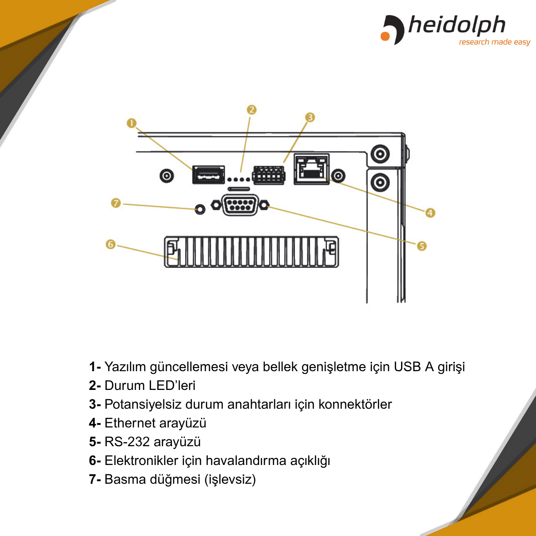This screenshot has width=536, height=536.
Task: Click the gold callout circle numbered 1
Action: [132, 123]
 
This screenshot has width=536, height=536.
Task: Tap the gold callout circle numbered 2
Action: [251, 109]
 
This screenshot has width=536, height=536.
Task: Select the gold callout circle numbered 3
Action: [310, 117]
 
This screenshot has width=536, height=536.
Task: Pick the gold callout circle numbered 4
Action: [430, 213]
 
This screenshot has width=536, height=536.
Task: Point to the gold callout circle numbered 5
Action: [422, 246]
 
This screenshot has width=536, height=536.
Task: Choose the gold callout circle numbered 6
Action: [111, 244]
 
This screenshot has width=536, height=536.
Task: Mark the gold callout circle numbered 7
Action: [116, 203]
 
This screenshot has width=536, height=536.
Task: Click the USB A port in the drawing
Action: [208, 175]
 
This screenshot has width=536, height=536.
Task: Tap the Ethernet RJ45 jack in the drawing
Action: [311, 169]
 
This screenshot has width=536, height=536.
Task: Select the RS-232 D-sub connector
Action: [240, 205]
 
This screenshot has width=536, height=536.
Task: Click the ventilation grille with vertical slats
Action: [251, 252]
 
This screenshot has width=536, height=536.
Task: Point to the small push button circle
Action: [200, 209]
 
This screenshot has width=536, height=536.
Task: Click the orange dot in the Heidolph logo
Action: [385, 36]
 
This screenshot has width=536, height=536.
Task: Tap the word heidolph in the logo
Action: [457, 25]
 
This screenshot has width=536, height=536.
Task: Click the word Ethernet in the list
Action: [130, 423]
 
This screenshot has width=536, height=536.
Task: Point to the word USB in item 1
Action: [407, 367]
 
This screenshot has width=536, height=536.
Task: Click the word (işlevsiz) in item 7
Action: [230, 480]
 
